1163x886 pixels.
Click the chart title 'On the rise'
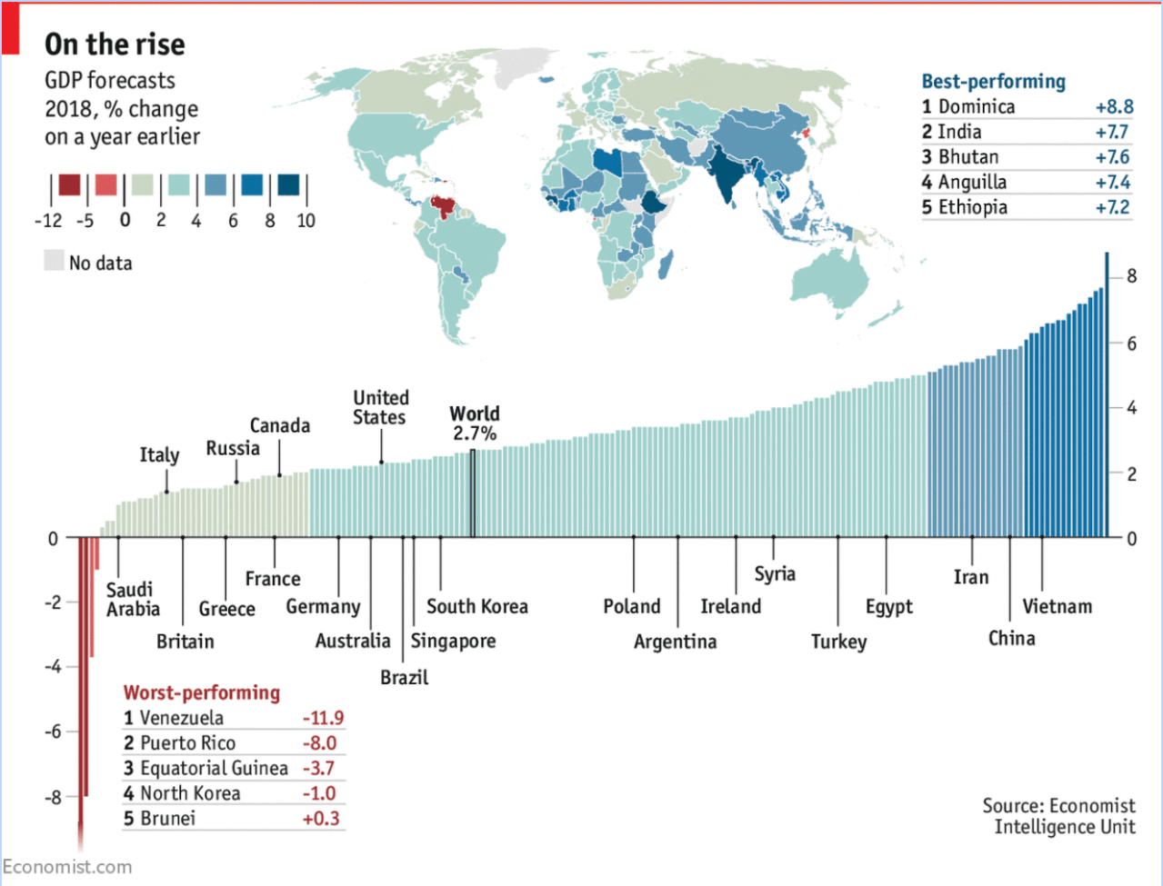(115, 44)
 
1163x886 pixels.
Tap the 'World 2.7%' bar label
(475, 423)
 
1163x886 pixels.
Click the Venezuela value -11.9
(323, 718)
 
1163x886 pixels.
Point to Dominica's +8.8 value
(1114, 106)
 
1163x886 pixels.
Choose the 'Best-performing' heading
(993, 81)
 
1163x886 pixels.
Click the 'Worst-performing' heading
(202, 692)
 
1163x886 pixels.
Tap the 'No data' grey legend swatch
(55, 261)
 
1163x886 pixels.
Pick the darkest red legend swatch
(69, 185)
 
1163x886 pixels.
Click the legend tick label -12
(48, 220)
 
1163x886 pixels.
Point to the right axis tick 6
(1131, 343)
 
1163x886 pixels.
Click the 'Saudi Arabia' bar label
(132, 599)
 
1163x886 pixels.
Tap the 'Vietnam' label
(1057, 606)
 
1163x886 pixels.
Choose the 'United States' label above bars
(380, 407)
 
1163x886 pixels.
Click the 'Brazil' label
(404, 677)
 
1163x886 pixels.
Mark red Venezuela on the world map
(445, 206)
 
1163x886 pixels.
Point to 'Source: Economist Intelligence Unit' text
(1059, 816)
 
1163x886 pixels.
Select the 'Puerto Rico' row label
(187, 743)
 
